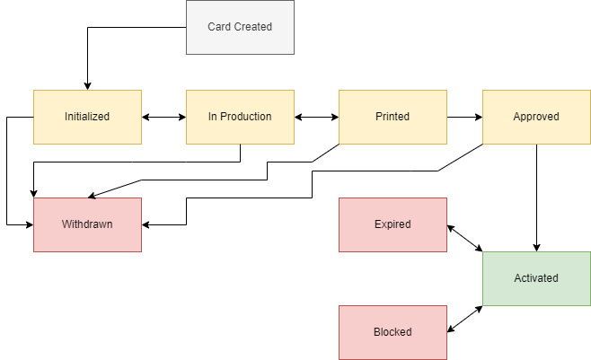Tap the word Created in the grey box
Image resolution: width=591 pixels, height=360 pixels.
click(252, 27)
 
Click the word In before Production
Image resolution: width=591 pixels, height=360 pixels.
click(212, 117)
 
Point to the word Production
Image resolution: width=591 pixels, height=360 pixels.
click(245, 117)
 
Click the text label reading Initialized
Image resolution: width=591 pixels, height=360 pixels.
click(87, 117)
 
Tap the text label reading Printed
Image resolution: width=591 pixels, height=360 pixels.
click(393, 117)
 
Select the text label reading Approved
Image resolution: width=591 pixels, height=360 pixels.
click(536, 117)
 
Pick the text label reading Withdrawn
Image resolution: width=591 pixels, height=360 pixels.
click(87, 224)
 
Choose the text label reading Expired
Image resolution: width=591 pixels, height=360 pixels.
click(393, 224)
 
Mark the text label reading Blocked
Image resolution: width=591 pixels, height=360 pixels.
click(393, 332)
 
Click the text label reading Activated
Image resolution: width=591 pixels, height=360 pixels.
click(536, 278)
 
